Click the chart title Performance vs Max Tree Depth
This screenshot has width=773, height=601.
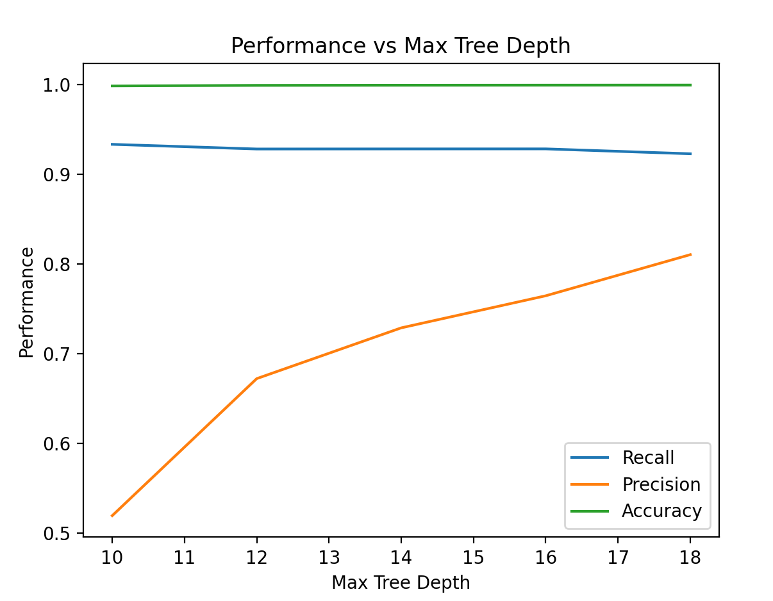(x=401, y=46)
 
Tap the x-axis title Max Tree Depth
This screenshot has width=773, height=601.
(x=401, y=582)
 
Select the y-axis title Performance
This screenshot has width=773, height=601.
(x=26, y=302)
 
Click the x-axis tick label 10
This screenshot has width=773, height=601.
(x=112, y=555)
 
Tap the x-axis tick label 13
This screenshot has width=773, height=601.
(x=329, y=555)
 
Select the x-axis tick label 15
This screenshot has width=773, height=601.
(x=473, y=555)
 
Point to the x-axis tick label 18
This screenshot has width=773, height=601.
(x=690, y=555)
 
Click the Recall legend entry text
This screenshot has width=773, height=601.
(x=648, y=457)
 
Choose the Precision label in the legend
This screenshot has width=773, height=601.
(x=661, y=484)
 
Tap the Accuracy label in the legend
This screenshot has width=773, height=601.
(x=661, y=511)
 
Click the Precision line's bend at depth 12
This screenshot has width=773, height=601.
(x=256, y=379)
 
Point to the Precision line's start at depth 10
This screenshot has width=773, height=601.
(x=112, y=516)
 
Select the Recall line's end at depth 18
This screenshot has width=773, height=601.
(x=690, y=154)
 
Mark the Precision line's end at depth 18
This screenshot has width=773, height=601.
(x=690, y=254)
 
